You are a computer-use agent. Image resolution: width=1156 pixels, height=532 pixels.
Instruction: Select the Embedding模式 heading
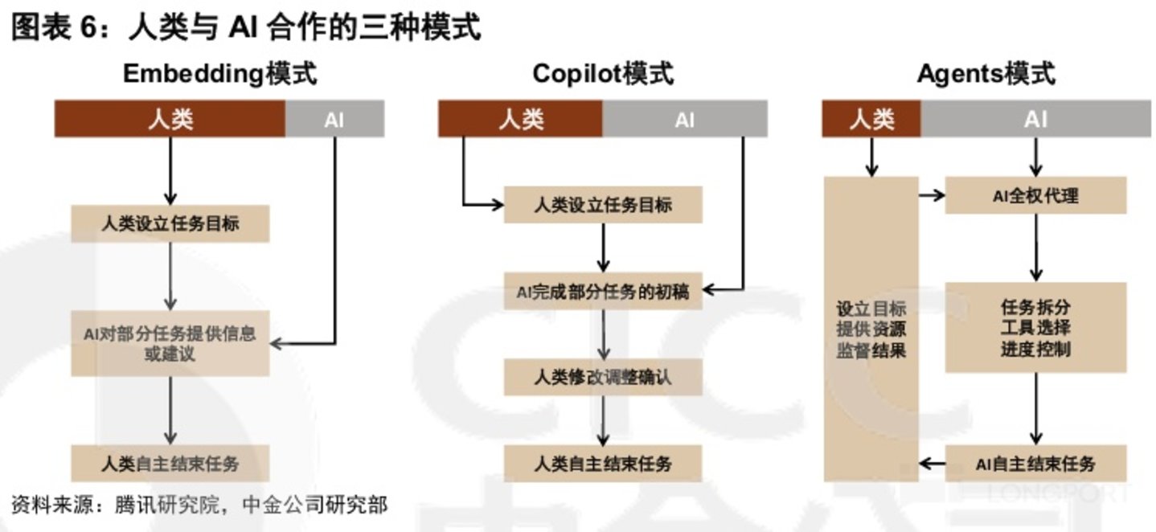pyautogui.click(x=219, y=74)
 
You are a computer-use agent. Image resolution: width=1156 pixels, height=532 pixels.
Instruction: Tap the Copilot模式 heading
pyautogui.click(x=603, y=74)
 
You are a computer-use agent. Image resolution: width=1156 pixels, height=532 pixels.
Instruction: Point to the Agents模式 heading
pyautogui.click(x=986, y=74)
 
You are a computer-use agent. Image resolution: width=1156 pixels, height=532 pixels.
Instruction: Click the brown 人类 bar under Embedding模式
pyautogui.click(x=170, y=120)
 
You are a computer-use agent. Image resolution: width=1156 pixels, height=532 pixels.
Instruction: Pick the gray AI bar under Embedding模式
pyautogui.click(x=334, y=120)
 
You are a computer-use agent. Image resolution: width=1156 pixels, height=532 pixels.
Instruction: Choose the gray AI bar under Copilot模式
pyautogui.click(x=684, y=120)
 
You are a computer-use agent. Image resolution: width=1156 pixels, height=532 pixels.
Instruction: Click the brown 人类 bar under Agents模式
pyautogui.click(x=871, y=120)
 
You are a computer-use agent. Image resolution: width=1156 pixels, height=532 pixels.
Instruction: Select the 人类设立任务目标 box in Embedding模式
pyautogui.click(x=170, y=223)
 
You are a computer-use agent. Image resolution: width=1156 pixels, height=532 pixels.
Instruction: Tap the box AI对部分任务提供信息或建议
pyautogui.click(x=170, y=343)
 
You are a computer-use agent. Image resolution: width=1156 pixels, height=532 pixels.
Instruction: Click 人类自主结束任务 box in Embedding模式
pyautogui.click(x=170, y=463)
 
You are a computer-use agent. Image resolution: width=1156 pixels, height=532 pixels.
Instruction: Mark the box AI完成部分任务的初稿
pyautogui.click(x=603, y=292)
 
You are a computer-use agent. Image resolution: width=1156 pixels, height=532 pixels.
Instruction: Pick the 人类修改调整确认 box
pyautogui.click(x=603, y=377)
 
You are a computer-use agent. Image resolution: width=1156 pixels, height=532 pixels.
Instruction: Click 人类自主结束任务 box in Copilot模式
pyautogui.click(x=603, y=463)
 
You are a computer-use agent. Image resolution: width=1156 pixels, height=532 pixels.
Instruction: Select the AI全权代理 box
pyautogui.click(x=1035, y=195)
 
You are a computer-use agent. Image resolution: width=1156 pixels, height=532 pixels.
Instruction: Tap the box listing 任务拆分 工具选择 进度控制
pyautogui.click(x=1035, y=328)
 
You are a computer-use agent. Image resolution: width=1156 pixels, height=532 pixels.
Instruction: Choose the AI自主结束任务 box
pyautogui.click(x=1035, y=463)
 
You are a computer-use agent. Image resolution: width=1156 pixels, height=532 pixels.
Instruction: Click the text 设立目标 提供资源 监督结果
pyautogui.click(x=871, y=329)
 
